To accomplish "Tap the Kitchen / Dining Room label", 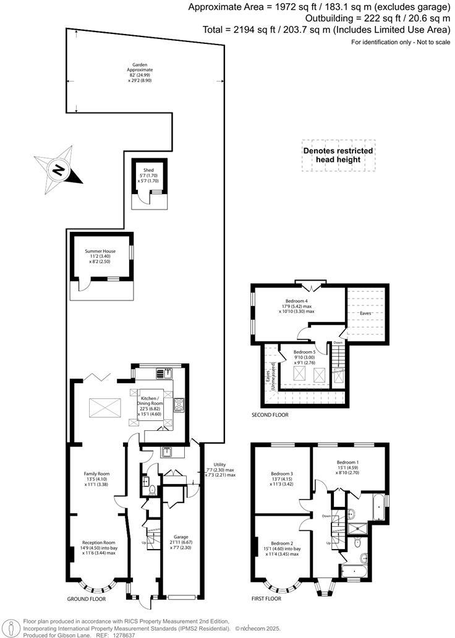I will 150,398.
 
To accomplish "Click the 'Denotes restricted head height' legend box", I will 338,155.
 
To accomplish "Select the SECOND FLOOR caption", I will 270,415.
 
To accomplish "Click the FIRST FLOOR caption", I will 266,599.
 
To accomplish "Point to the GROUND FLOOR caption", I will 87,599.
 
